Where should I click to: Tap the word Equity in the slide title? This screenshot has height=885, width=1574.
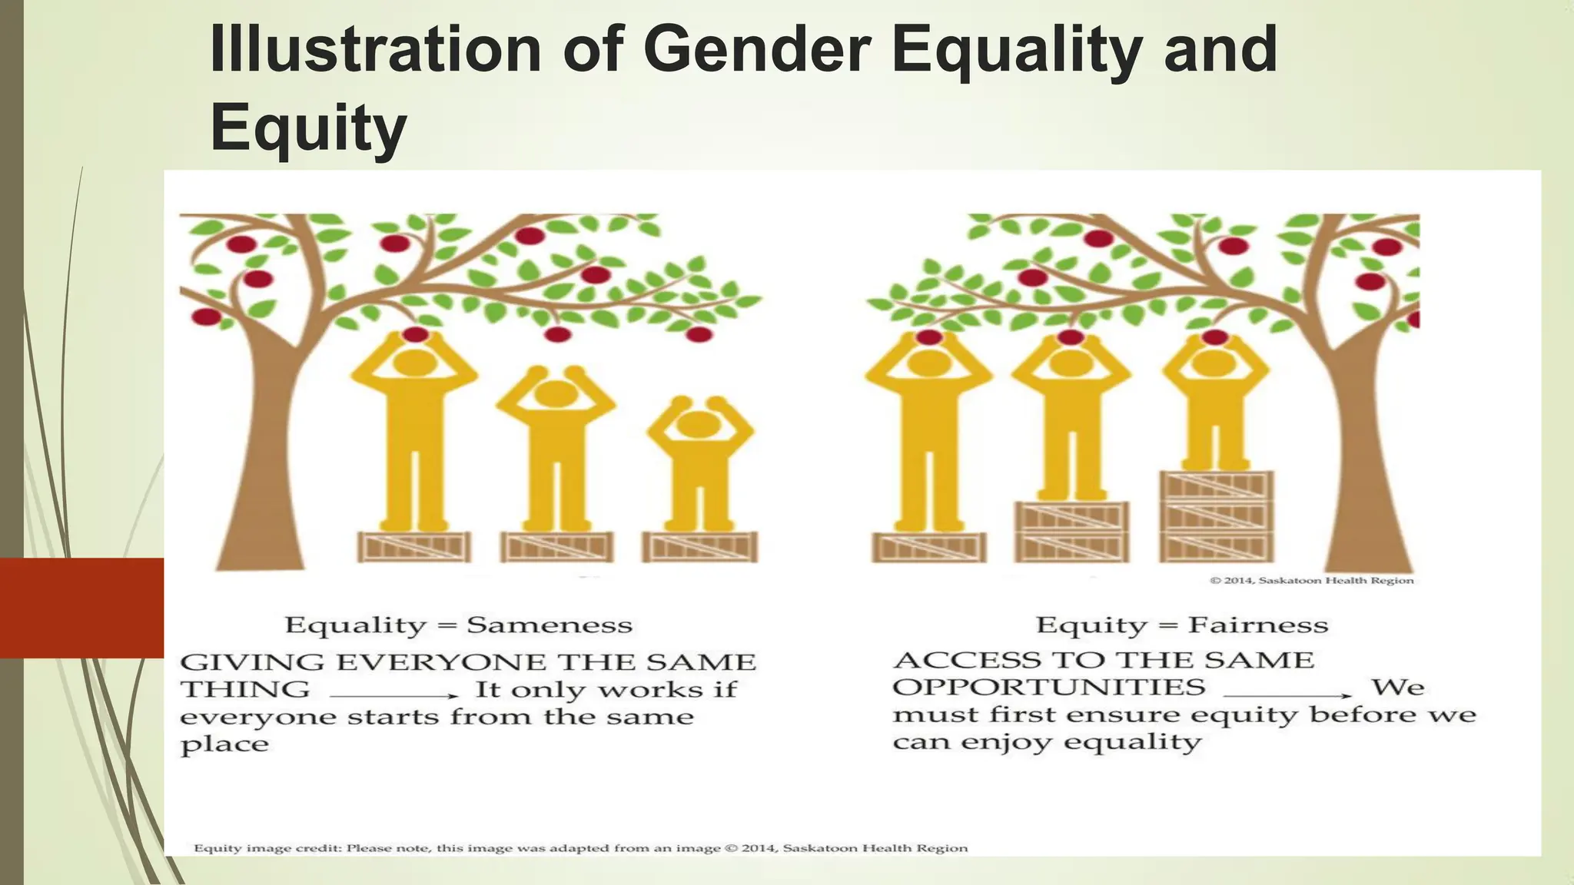308,128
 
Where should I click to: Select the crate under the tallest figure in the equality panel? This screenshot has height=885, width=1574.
415,547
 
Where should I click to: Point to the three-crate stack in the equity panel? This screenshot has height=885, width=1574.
1217,516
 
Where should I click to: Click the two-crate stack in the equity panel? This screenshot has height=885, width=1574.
1072,532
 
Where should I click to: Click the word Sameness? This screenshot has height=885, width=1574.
550,625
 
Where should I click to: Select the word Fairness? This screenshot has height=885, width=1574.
1258,625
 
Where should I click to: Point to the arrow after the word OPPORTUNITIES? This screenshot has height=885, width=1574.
1293,695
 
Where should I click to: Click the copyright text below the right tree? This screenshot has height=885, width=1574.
1311,581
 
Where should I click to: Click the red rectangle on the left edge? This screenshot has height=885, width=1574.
81,608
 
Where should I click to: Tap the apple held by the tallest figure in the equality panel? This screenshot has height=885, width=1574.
415,334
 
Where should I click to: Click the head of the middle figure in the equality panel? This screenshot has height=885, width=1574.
555,393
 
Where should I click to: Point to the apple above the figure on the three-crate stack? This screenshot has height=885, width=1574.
1215,337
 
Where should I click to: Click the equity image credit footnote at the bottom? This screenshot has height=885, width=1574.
580,848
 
